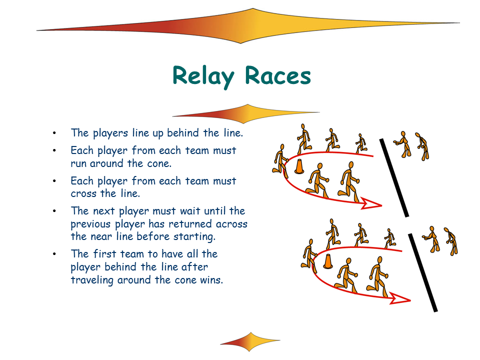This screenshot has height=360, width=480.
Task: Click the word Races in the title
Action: tap(277, 76)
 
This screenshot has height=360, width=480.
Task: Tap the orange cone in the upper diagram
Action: tap(299, 166)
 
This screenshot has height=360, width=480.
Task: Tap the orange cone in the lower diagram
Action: tap(328, 261)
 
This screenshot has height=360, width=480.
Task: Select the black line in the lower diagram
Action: tap(423, 272)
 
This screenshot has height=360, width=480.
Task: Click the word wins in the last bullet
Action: tap(210, 279)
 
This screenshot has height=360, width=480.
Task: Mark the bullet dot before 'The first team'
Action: tap(54, 254)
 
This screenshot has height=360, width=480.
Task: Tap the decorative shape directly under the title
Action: tap(246, 113)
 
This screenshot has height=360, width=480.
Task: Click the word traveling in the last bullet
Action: tap(92, 279)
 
